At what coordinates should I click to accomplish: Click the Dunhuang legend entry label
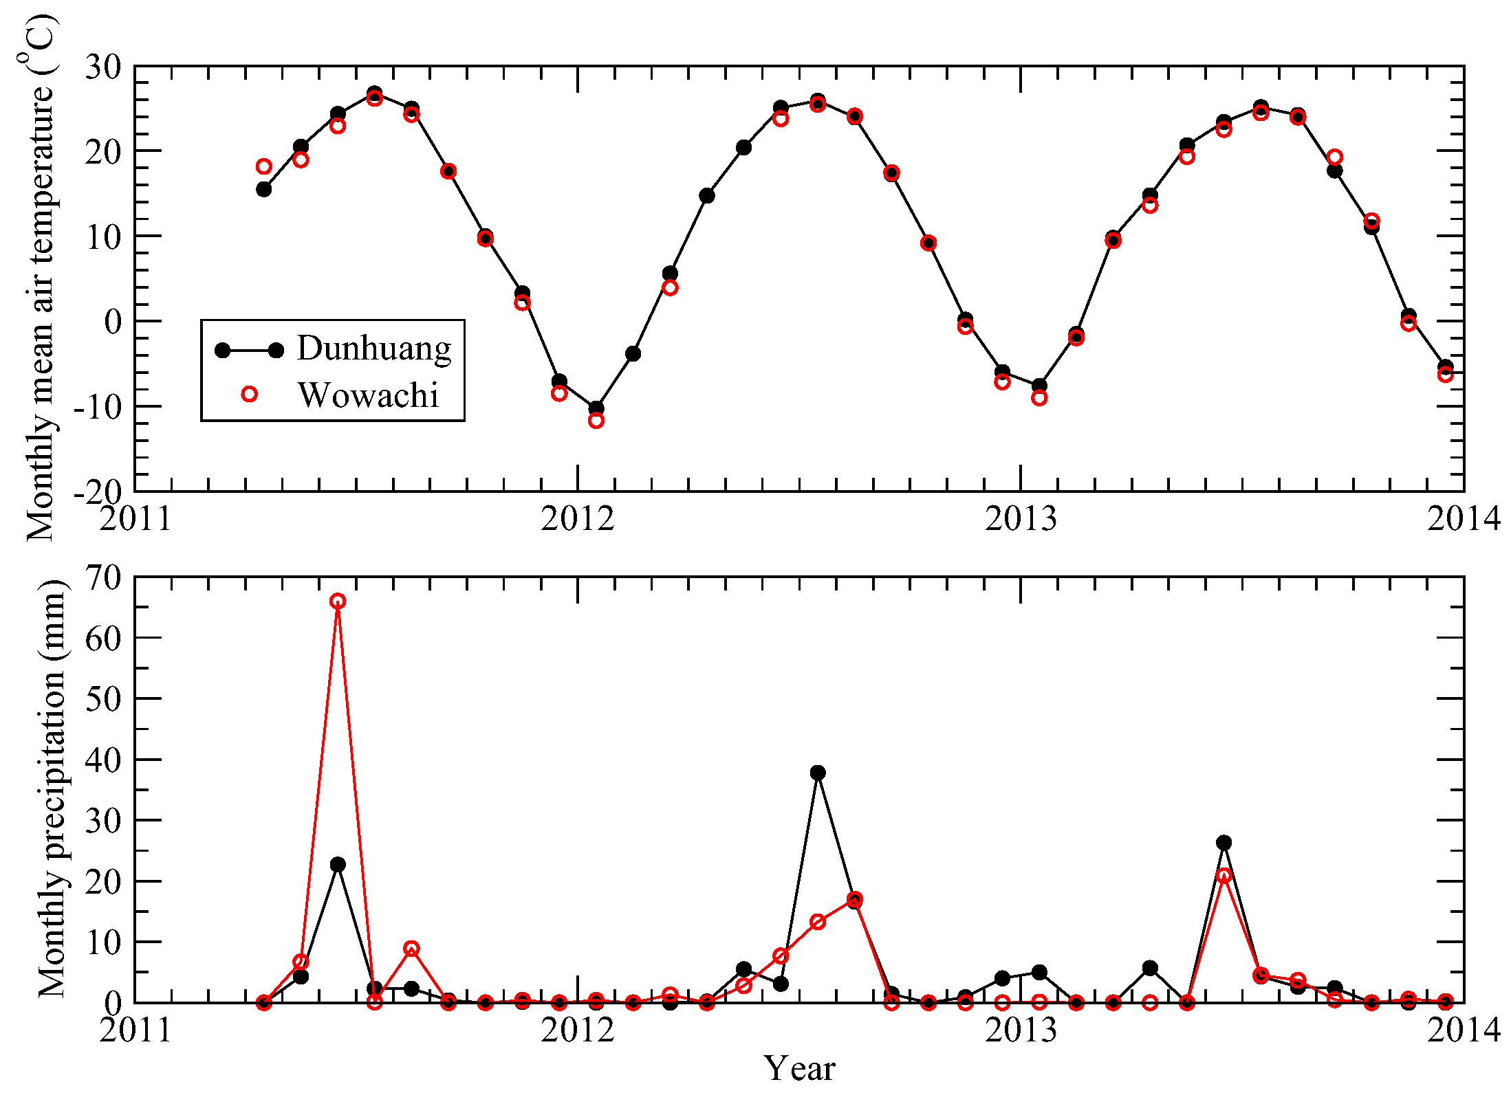pos(374,349)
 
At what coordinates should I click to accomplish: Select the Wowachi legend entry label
pos(369,395)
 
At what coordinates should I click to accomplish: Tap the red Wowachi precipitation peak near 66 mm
pos(338,601)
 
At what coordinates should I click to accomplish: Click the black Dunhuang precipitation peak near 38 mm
pos(818,773)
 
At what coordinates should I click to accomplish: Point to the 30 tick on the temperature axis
pos(102,67)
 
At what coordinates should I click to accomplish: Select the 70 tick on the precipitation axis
pos(102,577)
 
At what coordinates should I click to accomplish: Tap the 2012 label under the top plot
pos(577,519)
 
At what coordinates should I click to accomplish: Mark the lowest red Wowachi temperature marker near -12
pos(596,421)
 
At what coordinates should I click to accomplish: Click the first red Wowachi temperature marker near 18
pos(264,166)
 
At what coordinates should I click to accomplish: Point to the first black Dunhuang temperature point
pos(264,190)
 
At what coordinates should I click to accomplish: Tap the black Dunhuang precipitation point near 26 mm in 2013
pos(1224,843)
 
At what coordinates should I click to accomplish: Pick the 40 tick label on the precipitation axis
pos(102,760)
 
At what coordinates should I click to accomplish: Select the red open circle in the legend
pos(250,394)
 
